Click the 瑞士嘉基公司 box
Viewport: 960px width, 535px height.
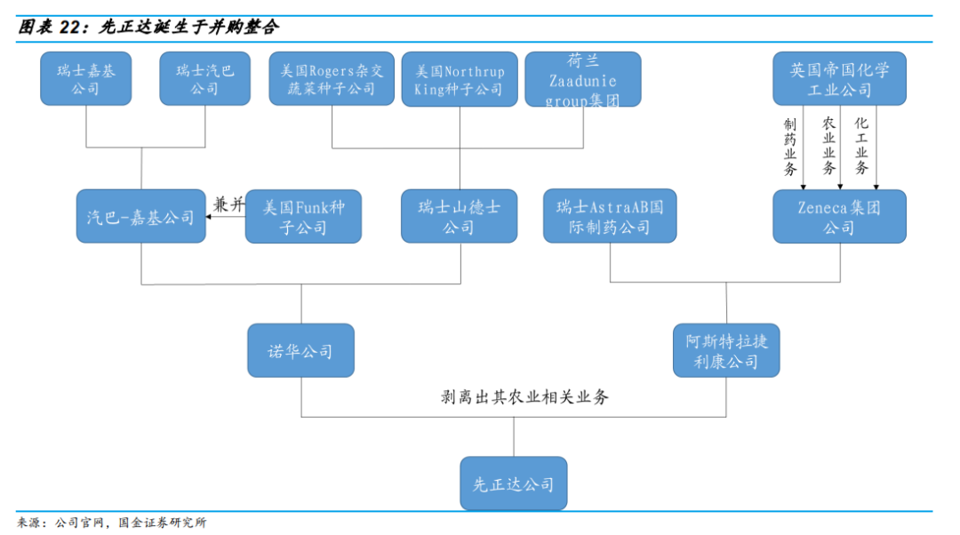85,79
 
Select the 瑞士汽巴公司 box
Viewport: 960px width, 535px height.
204,79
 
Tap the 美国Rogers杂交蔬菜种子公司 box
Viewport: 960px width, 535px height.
332,79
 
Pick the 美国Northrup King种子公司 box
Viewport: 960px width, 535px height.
459,79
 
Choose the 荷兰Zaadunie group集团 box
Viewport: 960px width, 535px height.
582,79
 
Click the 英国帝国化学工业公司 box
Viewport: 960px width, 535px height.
839,79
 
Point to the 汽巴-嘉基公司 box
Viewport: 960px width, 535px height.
141,217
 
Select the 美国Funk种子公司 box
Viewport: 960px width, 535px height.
303,217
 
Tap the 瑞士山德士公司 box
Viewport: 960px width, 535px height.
459,217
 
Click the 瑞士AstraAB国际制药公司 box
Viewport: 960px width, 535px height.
610,217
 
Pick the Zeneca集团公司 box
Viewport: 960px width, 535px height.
839,217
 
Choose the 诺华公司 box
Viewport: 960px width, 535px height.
300,351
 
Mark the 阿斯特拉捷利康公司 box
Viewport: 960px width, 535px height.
726,351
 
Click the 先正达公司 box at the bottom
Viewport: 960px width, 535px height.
513,483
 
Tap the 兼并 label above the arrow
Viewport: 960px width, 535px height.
228,204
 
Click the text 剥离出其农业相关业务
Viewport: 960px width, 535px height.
525,397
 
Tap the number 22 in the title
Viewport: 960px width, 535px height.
71,27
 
